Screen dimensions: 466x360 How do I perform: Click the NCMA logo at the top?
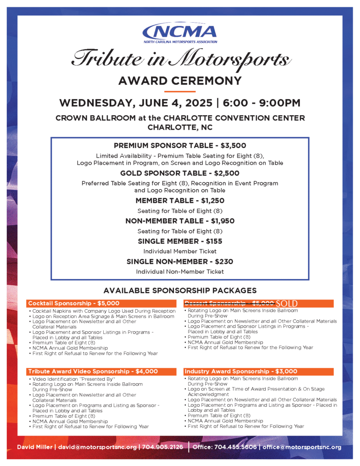click(x=180, y=33)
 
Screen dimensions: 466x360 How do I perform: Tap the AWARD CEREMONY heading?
click(x=180, y=81)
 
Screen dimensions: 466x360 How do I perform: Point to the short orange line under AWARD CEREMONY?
click(x=180, y=91)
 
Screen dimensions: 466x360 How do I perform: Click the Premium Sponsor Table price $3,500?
click(x=233, y=146)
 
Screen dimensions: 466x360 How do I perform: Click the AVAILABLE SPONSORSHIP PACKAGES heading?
click(x=180, y=290)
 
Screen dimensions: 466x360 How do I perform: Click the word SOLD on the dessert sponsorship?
click(x=286, y=303)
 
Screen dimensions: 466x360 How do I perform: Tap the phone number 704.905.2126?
click(x=162, y=447)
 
